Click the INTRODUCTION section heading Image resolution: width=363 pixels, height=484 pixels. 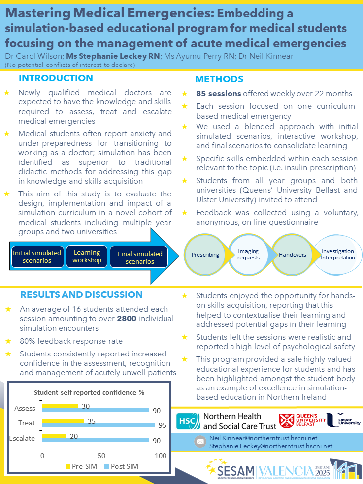(55, 78)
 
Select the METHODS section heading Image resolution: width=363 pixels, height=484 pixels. (219, 79)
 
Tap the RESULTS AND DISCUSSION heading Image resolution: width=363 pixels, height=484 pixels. (81, 295)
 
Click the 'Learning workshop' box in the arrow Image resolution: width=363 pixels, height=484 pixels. (87, 257)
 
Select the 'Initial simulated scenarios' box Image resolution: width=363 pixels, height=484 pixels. (37, 257)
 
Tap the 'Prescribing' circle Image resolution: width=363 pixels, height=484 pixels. (206, 255)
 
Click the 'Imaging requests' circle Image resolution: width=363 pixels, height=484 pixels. (248, 255)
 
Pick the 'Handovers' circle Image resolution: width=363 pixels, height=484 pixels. (293, 255)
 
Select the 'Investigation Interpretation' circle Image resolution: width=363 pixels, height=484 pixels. (337, 255)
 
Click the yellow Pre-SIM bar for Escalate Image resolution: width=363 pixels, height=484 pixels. (54, 435)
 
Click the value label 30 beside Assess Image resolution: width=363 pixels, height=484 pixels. (85, 406)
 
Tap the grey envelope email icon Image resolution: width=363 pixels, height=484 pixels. (200, 441)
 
